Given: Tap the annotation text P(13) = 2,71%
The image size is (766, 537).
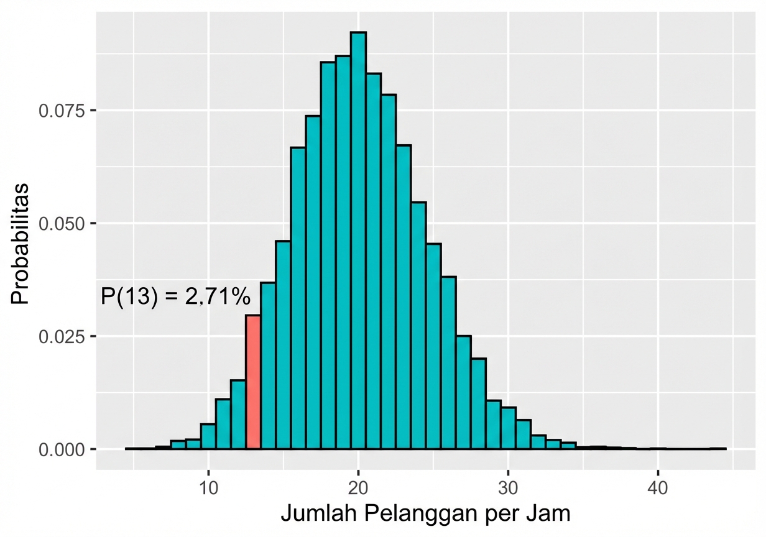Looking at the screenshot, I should pyautogui.click(x=175, y=297).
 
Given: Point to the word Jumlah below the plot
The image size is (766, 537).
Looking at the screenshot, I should pyautogui.click(x=319, y=515).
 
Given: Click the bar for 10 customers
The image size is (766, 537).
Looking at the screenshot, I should pyautogui.click(x=208, y=436).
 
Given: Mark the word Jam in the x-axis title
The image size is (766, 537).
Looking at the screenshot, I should pyautogui.click(x=551, y=515).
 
